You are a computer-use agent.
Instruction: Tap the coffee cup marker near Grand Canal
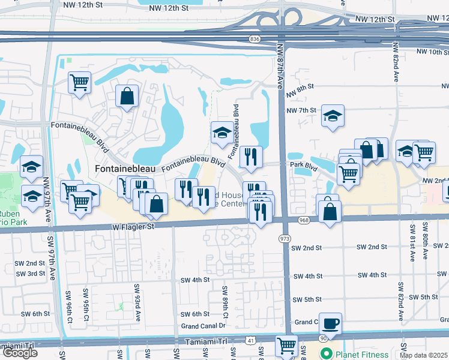(330, 324)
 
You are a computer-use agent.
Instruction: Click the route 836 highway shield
(255, 39)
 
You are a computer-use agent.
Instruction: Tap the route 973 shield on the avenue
(284, 238)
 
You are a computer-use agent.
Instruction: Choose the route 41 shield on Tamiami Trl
(249, 340)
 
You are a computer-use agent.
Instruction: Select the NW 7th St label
(301, 110)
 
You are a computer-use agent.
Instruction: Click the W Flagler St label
(133, 227)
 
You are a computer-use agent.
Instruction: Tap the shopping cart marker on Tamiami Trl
(286, 346)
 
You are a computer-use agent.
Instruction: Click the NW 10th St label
(430, 53)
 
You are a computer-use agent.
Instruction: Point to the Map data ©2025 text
(423, 355)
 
